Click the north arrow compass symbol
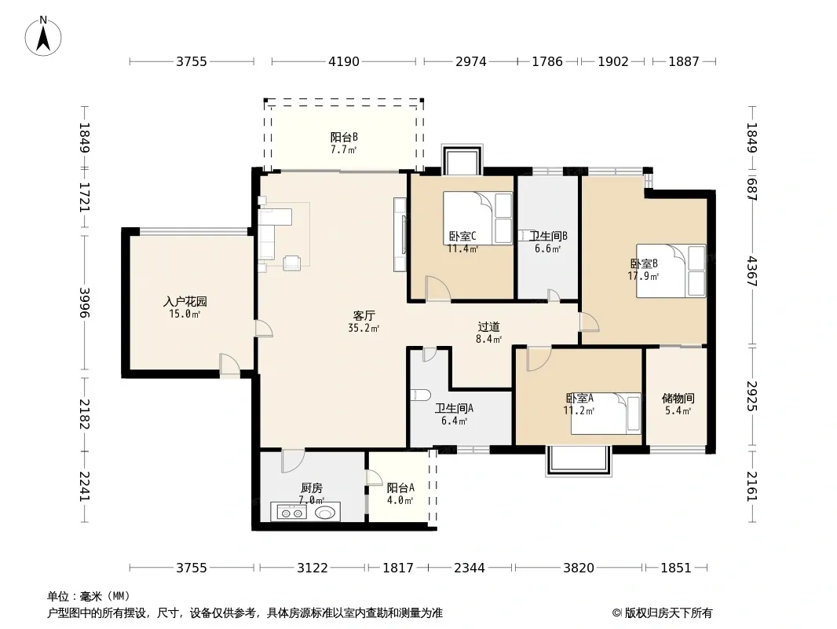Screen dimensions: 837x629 pyautogui.click(x=43, y=36)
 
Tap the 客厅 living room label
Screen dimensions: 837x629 pyautogui.click(x=364, y=316)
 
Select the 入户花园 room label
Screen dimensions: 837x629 pyautogui.click(x=185, y=302)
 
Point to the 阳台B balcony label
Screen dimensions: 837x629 pyautogui.click(x=344, y=138)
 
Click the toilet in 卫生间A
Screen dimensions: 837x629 pyautogui.click(x=421, y=395)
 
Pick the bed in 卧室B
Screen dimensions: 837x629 pyautogui.click(x=671, y=270)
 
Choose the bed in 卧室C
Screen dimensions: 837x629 pyautogui.click(x=477, y=219)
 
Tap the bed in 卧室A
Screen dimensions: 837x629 pyautogui.click(x=606, y=413)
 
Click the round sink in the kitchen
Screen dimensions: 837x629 pyautogui.click(x=326, y=513)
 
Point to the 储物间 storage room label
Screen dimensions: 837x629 pyautogui.click(x=678, y=398)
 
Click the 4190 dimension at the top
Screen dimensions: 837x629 pyautogui.click(x=344, y=61)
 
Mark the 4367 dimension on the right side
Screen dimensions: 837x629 pyautogui.click(x=752, y=271)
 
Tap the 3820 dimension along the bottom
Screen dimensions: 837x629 pyautogui.click(x=579, y=568)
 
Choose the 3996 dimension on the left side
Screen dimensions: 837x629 pyautogui.click(x=84, y=303)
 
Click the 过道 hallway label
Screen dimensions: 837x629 pyautogui.click(x=488, y=326)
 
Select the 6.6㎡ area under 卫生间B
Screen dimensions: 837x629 pyautogui.click(x=548, y=248)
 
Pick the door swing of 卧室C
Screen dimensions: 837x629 pyautogui.click(x=438, y=288)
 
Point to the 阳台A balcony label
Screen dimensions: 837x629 pyautogui.click(x=400, y=488)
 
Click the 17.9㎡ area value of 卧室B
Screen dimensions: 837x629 pyautogui.click(x=643, y=276)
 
